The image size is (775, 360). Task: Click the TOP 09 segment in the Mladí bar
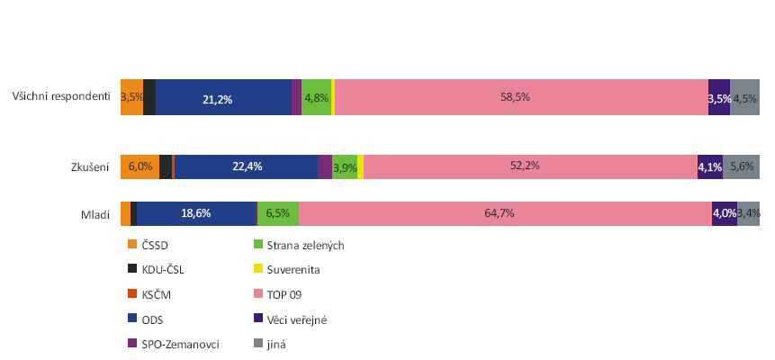coord(505,213)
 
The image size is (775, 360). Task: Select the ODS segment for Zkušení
coord(247,166)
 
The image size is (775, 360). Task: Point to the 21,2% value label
coord(218,99)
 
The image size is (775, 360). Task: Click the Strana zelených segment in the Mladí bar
coord(278,213)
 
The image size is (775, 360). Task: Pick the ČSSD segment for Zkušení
coord(140,166)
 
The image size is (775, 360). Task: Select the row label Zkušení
coord(90,166)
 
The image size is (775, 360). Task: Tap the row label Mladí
coord(95,214)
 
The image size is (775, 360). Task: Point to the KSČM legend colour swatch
coord(132,293)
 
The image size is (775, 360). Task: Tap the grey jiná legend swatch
coord(260,343)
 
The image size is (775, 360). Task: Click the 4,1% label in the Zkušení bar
coord(709,166)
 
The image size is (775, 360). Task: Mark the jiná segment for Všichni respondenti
coord(745,98)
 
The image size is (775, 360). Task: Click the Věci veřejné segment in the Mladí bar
coord(725,213)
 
